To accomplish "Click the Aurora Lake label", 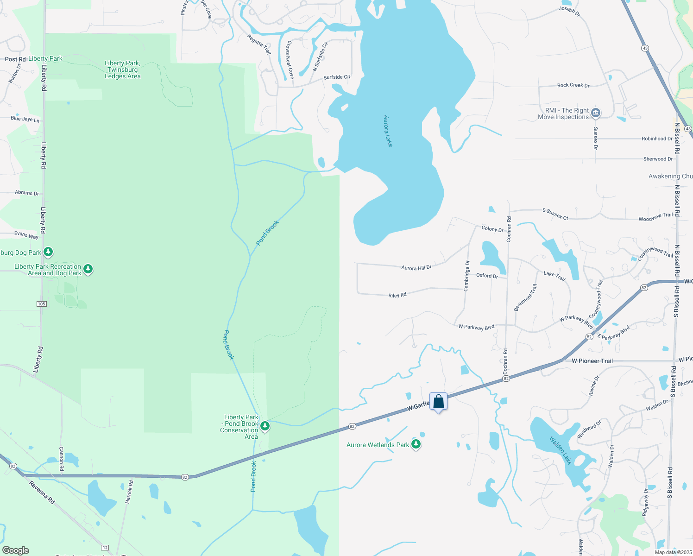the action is click(x=388, y=131).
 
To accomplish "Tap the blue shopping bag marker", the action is click(x=438, y=402).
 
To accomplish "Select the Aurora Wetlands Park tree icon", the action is click(x=416, y=444).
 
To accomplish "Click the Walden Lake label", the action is click(x=561, y=450).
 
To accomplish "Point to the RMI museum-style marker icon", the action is click(x=596, y=113).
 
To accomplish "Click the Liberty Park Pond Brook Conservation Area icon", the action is click(x=265, y=425).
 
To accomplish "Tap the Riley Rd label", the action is click(x=397, y=295).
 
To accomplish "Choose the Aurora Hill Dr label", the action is click(x=416, y=268).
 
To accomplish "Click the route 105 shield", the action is click(x=41, y=303).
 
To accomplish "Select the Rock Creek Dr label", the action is click(x=573, y=85).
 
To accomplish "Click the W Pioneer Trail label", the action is click(x=592, y=360).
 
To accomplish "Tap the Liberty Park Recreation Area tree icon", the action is click(x=88, y=269).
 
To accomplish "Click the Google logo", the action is click(x=15, y=550).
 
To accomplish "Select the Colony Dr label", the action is click(x=492, y=228).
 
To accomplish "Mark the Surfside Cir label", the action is click(x=337, y=77).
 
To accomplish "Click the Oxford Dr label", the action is click(x=487, y=275).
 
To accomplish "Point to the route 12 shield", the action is click(x=105, y=548).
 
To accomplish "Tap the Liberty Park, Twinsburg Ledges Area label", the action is click(x=122, y=69).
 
